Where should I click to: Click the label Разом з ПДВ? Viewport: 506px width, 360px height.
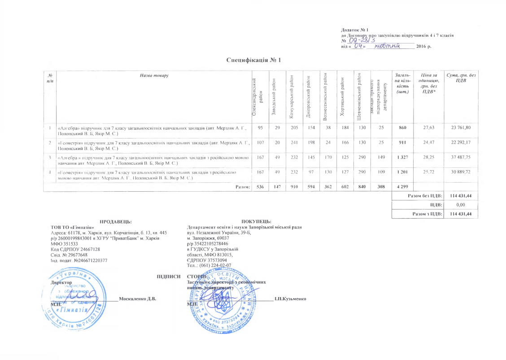coord(427,214)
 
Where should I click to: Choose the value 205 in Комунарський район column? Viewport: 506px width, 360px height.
coord(294,128)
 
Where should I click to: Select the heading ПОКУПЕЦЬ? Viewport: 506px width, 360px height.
coord(256,222)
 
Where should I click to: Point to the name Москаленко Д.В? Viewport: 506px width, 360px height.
coord(137,299)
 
